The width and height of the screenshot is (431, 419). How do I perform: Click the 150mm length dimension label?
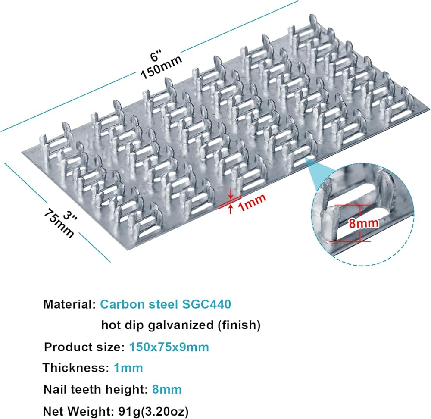tap(161, 66)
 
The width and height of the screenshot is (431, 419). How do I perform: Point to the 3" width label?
tap(70, 217)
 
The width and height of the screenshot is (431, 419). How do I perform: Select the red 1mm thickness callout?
tap(252, 202)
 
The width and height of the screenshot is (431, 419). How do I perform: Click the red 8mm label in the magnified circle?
tap(364, 223)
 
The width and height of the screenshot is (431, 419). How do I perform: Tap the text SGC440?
tap(206, 304)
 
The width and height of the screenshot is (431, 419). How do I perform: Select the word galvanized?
tap(181, 325)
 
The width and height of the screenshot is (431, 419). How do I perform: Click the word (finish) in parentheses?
tap(239, 325)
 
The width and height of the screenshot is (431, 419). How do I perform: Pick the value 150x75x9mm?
tap(169, 347)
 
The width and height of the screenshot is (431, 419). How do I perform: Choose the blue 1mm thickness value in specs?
tap(128, 368)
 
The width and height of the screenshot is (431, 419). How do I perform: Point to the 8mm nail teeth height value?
tap(167, 389)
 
